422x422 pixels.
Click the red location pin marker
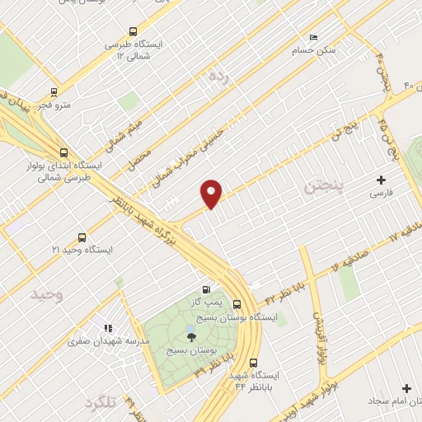(212, 193)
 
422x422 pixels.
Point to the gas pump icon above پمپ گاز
(205, 289)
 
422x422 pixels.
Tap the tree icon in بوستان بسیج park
(191, 335)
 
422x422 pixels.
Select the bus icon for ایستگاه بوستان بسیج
(237, 302)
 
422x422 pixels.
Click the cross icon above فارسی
(381, 179)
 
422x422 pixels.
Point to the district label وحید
(46, 293)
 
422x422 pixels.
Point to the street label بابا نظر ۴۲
(285, 295)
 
